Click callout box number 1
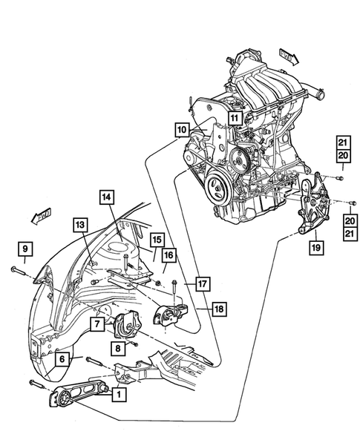coord(117,397)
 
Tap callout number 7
coord(97,324)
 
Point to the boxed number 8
coord(117,347)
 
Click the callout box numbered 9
coord(24,248)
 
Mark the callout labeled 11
coord(234,117)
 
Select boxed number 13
coord(80,224)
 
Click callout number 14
coord(107,197)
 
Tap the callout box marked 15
coord(157,240)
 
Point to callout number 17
coord(203,283)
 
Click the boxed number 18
coord(220,308)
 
